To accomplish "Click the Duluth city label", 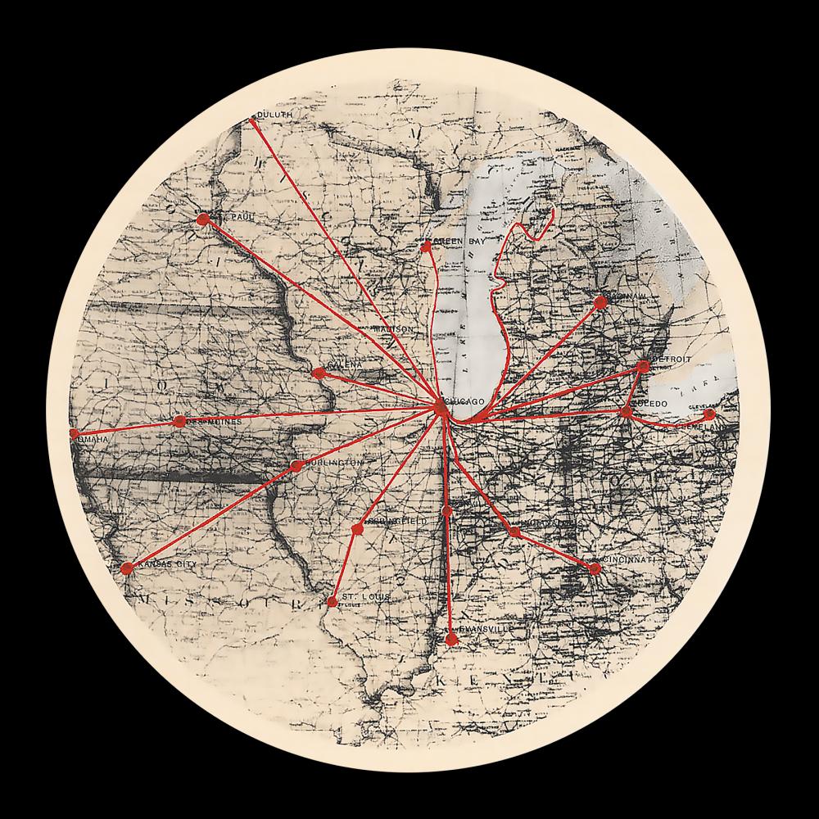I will click(x=274, y=115).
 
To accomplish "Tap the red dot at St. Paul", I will click(x=202, y=219).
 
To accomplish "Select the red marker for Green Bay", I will click(x=426, y=246).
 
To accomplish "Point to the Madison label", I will click(x=392, y=329).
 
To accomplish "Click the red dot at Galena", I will click(x=319, y=373).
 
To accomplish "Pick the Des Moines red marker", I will click(x=179, y=421).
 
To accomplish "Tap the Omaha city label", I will click(x=91, y=440).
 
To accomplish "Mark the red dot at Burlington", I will click(x=296, y=466).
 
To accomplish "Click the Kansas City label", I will click(x=168, y=565).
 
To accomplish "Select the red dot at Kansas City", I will click(x=126, y=568).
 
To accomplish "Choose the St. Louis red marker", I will click(x=332, y=602).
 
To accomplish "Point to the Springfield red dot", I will click(x=357, y=529).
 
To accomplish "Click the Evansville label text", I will click(x=486, y=628).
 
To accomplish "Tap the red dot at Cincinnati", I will click(x=595, y=568).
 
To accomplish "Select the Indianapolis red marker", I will click(x=514, y=532).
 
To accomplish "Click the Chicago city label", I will click(x=466, y=400).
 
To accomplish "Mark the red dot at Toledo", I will click(x=627, y=411).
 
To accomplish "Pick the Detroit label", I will click(x=672, y=360).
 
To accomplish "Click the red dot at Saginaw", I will click(x=600, y=302).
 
